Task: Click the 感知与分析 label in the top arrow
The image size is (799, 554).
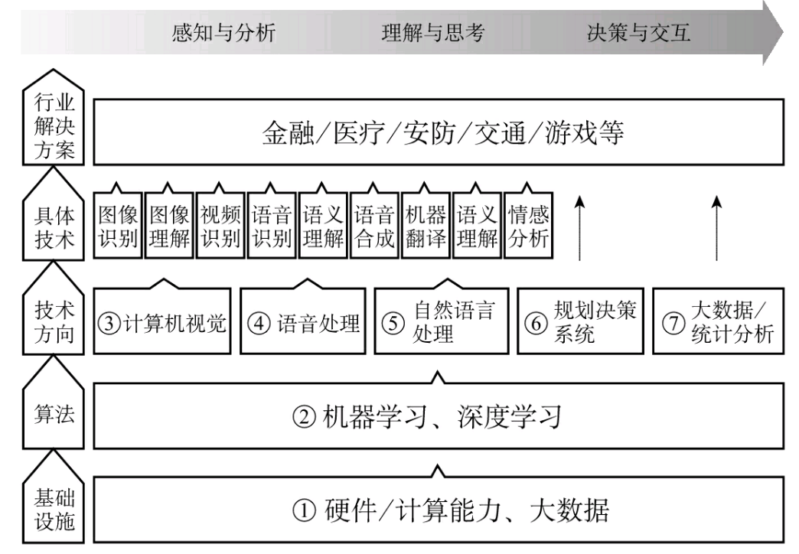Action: [223, 33]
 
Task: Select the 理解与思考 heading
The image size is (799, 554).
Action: [433, 33]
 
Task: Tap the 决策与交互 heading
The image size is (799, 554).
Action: [639, 33]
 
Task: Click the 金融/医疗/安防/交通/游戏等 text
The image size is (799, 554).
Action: [443, 135]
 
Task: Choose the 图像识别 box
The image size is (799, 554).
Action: [118, 226]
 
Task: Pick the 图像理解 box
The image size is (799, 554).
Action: [169, 226]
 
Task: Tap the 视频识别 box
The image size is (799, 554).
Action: [220, 226]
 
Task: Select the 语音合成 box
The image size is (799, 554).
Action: [375, 226]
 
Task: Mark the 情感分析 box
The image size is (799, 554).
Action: [529, 226]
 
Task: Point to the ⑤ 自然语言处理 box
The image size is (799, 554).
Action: [441, 323]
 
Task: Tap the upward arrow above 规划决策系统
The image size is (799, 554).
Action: [580, 228]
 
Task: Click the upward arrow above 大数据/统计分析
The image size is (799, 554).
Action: [716, 228]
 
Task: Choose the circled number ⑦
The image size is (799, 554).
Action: [673, 323]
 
